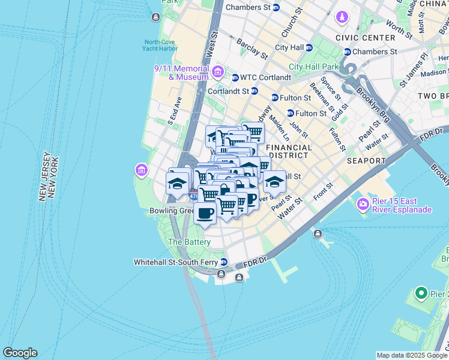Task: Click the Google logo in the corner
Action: tap(20, 353)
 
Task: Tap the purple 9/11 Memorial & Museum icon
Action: tap(217, 73)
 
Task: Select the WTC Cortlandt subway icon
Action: tap(235, 77)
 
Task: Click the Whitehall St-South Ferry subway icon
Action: tap(223, 262)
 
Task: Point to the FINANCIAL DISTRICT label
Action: tap(289, 151)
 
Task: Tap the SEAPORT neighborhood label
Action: tap(366, 161)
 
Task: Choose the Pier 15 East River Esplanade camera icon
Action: tap(363, 205)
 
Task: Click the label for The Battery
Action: tap(189, 242)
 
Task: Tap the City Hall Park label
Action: tap(313, 67)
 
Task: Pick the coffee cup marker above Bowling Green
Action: tap(205, 213)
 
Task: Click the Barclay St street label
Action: tap(252, 49)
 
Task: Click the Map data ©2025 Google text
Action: tap(411, 355)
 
